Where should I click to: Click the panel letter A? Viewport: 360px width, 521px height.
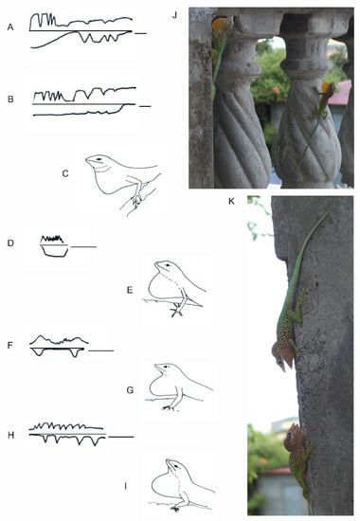tap(10, 27)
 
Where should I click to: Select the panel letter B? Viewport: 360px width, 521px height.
tap(10, 99)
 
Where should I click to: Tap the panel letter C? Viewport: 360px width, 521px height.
tap(65, 173)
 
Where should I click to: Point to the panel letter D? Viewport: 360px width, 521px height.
tap(10, 243)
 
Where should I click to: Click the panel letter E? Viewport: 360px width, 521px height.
tap(130, 290)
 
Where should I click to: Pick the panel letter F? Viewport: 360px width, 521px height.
tap(10, 346)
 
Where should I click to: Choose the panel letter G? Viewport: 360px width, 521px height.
tap(131, 389)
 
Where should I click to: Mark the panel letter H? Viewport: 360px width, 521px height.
tap(11, 435)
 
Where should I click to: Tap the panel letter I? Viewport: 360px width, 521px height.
tap(125, 486)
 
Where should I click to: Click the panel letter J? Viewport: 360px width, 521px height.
tap(175, 15)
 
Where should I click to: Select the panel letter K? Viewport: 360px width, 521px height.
tap(232, 201)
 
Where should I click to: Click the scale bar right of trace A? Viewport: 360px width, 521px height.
tap(140, 33)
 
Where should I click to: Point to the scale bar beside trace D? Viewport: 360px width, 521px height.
tap(83, 247)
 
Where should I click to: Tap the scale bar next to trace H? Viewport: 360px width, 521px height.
tap(121, 437)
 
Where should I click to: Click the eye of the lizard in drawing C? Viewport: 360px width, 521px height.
tap(99, 160)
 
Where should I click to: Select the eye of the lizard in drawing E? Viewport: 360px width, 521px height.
tap(168, 265)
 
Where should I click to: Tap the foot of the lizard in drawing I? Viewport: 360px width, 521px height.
tap(175, 508)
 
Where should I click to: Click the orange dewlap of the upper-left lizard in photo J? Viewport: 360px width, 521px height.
tap(220, 26)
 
